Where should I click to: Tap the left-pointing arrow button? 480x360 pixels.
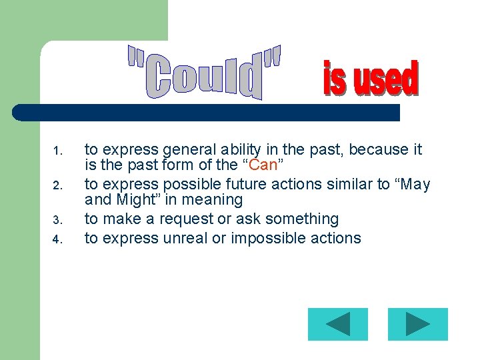tap(338, 325)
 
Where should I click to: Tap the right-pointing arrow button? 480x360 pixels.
tap(418, 325)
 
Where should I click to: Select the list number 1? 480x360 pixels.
tap(57, 151)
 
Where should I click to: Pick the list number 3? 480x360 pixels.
tap(57, 220)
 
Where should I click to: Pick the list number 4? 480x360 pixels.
tap(57, 239)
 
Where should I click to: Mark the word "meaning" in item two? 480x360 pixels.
tap(216, 200)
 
